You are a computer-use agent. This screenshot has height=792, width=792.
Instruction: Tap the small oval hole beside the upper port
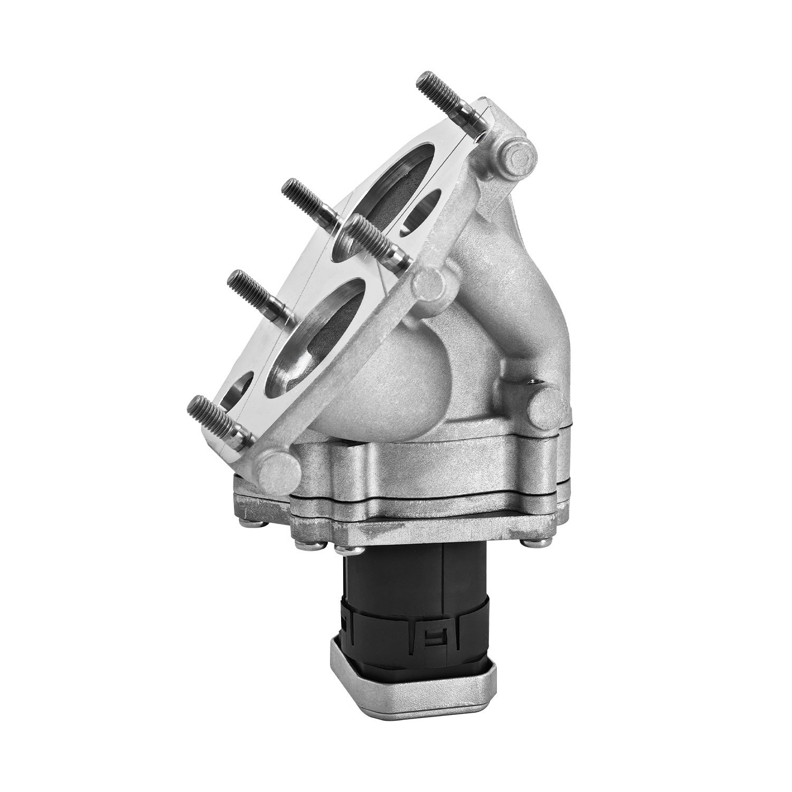coord(422,211)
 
